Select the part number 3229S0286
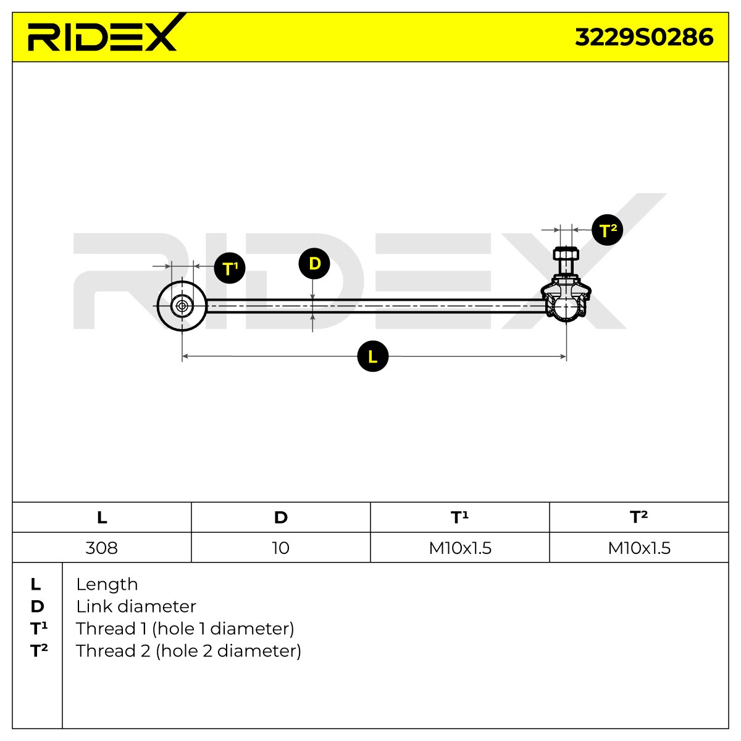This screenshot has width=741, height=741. point(643,38)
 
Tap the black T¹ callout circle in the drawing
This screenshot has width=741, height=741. point(230,268)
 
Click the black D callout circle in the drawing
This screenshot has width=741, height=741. point(314,264)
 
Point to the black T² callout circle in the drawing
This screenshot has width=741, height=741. point(607,230)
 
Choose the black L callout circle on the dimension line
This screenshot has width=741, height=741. point(372,356)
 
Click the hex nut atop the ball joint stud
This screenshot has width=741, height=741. point(566,254)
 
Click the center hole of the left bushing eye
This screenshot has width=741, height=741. point(182,306)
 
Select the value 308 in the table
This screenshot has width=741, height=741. point(101,548)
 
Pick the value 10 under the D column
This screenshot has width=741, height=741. point(280,548)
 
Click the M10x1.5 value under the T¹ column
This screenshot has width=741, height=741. point(460,548)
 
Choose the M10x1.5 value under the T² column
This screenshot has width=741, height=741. point(639,548)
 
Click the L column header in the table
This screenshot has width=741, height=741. point(102,517)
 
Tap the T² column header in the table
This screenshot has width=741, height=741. point(638,517)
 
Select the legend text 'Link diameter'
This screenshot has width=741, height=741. point(136,606)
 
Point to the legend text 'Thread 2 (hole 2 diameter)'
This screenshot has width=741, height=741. point(188,651)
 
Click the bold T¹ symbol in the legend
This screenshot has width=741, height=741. point(39,629)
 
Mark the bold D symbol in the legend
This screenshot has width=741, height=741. point(37,606)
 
